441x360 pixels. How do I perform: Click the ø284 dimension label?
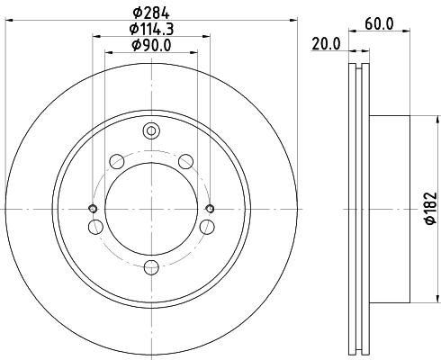(x=150, y=13)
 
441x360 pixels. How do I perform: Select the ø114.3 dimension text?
(x=150, y=29)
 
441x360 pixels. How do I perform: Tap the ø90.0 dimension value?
(x=150, y=45)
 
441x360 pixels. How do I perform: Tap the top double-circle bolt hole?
(x=151, y=131)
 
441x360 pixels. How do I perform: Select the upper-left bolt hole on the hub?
(x=116, y=161)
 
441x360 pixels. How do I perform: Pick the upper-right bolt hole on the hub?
(x=186, y=161)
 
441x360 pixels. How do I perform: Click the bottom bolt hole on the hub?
(x=151, y=265)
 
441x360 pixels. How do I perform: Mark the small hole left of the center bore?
(x=93, y=209)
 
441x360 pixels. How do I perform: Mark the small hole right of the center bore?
(x=210, y=209)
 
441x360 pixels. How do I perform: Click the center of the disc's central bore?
(x=151, y=209)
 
